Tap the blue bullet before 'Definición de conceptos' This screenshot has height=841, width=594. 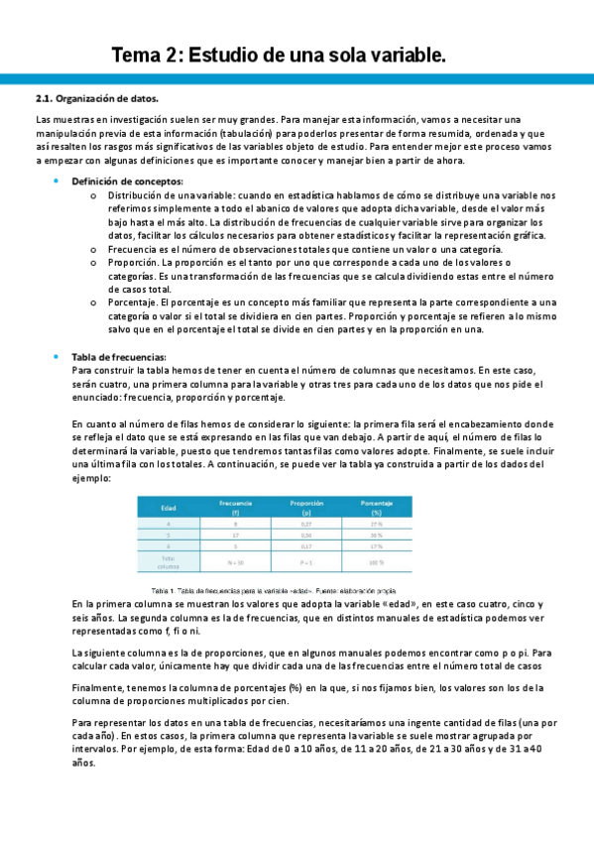(57, 181)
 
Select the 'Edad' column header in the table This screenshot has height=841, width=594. (170, 508)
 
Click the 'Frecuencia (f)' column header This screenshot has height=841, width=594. (235, 508)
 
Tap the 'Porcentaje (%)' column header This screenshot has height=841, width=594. (377, 508)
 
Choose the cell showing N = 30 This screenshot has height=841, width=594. (235, 562)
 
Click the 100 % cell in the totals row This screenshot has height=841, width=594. (377, 562)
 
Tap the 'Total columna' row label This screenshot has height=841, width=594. (170, 562)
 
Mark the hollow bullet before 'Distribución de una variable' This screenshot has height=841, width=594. (92, 195)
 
